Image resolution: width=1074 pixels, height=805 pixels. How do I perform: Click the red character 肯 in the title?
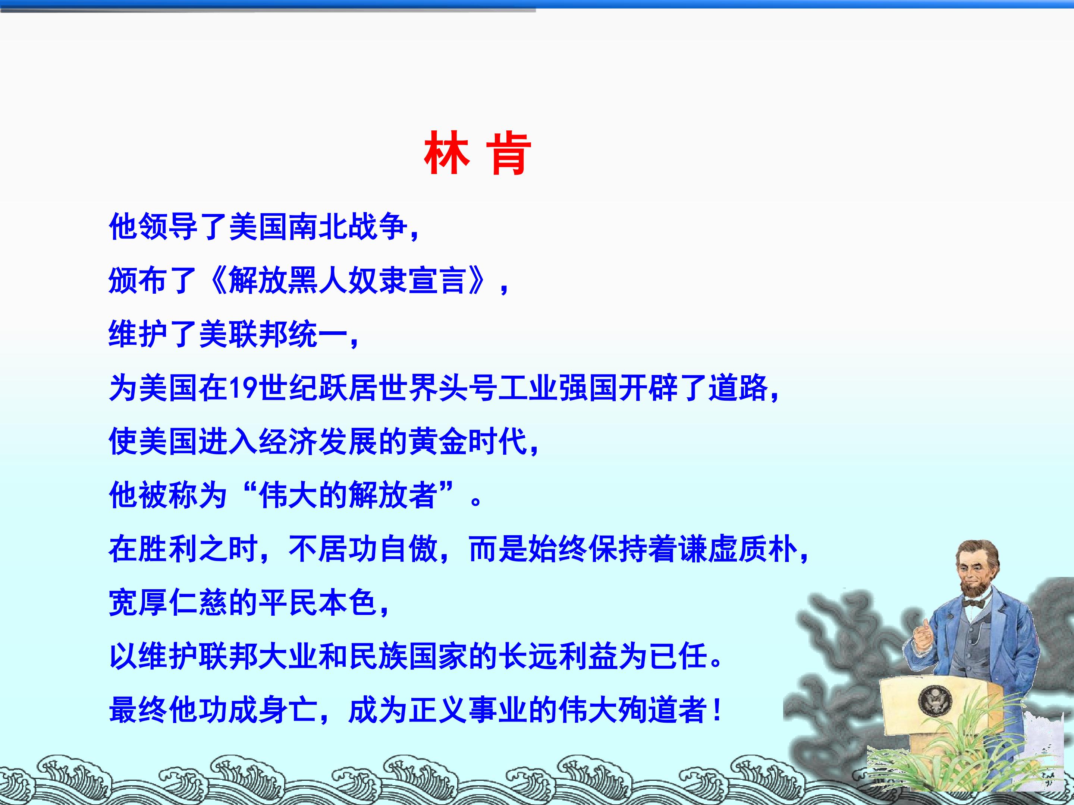click(x=508, y=154)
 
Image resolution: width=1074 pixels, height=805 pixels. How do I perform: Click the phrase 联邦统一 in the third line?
click(x=288, y=334)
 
